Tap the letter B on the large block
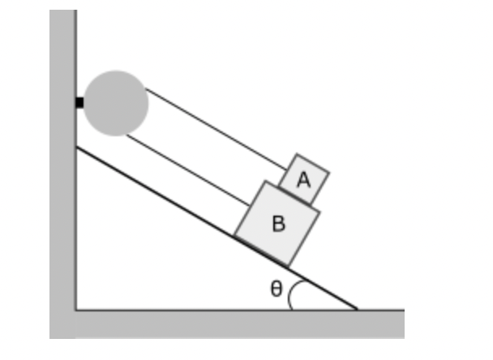278,224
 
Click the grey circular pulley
116,103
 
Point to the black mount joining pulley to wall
79,103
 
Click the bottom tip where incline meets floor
357,309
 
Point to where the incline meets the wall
76,147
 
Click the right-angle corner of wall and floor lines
76,309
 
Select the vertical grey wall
62,162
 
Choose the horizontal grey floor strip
243,324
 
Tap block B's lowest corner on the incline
288,265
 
